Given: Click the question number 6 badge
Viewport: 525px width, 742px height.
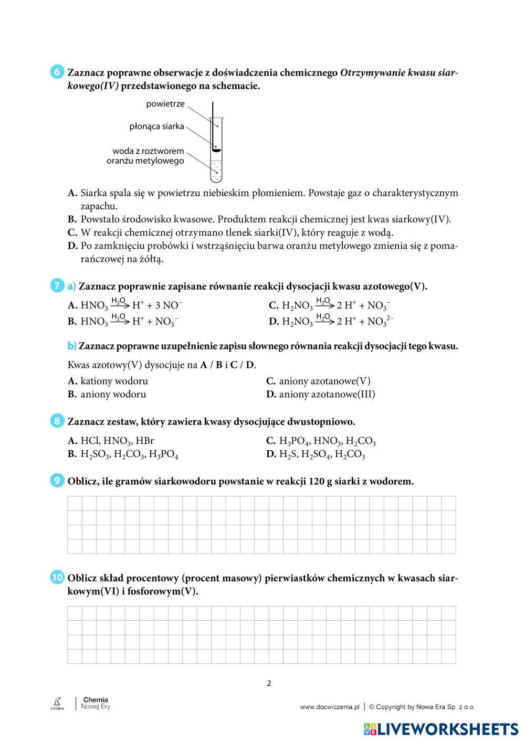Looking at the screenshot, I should pos(57,72).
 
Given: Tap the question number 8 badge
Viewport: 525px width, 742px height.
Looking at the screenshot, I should pos(57,421).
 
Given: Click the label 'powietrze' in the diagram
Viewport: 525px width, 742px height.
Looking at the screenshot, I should pos(165,104).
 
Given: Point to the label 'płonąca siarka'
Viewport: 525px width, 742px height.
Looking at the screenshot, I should pos(156,126).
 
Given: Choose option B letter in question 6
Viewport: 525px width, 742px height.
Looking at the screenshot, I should pos(72,219).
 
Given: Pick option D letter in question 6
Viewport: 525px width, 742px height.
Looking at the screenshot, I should pos(72,246).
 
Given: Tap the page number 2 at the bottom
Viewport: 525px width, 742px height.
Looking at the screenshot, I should pos(269,683).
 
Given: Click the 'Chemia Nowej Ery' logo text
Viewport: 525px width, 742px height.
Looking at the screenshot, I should pos(96,703).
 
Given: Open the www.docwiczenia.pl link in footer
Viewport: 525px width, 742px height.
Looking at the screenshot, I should pos(329,707).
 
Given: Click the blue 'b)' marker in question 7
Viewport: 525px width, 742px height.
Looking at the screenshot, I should pos(72,346).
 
